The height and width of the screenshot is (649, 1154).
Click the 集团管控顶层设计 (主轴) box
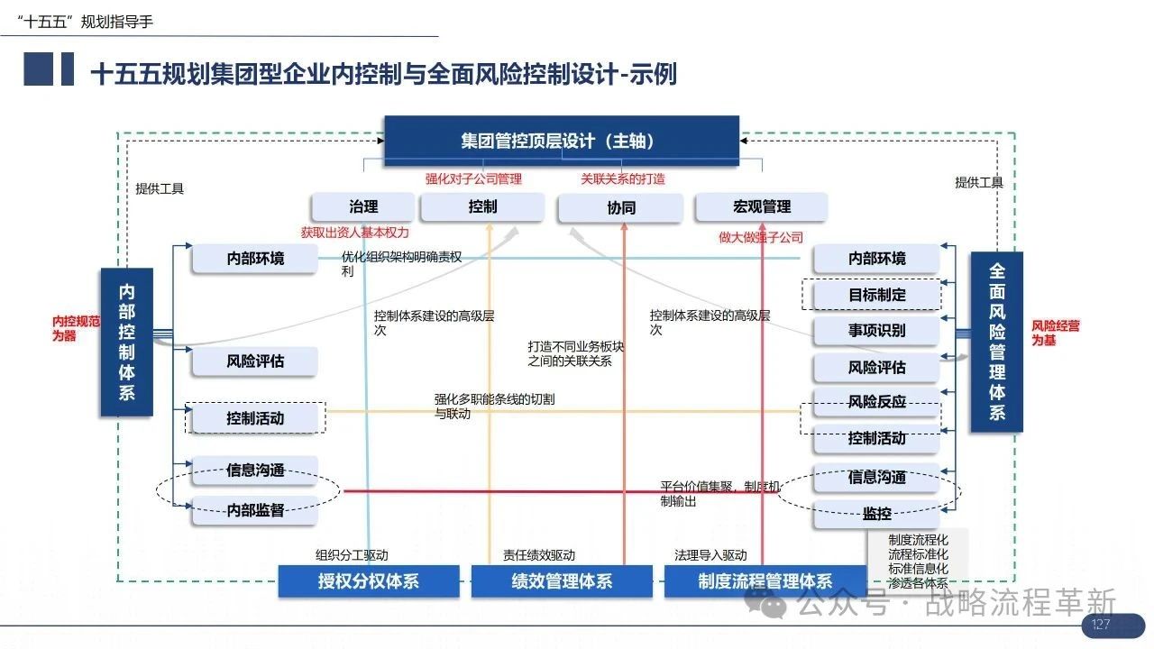click(562, 141)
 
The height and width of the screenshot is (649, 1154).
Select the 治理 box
click(363, 207)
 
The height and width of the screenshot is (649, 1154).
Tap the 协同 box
click(621, 207)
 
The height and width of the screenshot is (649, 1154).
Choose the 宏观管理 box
click(762, 207)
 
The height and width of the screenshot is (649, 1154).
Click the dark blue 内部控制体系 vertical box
click(127, 342)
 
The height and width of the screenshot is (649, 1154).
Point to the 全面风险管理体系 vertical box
click(997, 342)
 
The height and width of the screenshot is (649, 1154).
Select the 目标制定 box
click(876, 295)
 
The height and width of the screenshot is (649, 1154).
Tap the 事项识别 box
click(876, 331)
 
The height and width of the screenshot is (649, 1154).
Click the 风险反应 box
click(876, 402)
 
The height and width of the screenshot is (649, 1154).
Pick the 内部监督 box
click(255, 510)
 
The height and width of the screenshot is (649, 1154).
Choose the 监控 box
click(876, 514)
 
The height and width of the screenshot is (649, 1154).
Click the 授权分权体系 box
click(369, 581)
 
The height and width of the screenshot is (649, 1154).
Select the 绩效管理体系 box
click(562, 581)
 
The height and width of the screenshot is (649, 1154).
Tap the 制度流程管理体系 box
click(765, 581)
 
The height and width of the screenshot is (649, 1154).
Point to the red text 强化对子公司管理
click(473, 179)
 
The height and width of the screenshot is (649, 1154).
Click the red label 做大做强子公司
click(761, 237)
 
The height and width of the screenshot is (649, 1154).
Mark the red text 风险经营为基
click(1055, 333)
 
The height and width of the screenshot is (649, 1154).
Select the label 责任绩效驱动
click(539, 555)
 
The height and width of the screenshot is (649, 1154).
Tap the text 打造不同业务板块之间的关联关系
click(575, 354)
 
